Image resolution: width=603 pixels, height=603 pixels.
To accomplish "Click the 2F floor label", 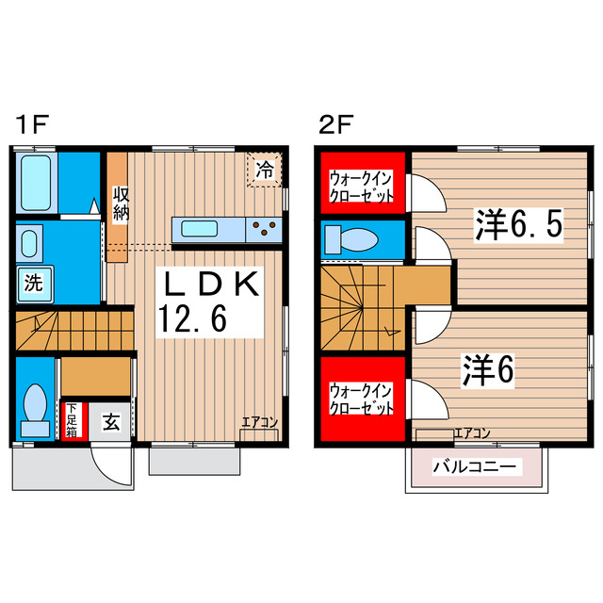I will (x=335, y=123).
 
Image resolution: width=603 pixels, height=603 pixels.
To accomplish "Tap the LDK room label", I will (x=213, y=285).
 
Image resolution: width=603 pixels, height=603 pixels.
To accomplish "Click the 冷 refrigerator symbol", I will (x=266, y=171).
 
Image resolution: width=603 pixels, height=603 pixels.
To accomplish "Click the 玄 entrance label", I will (x=111, y=421).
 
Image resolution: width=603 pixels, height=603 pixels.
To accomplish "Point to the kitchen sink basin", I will (x=201, y=228).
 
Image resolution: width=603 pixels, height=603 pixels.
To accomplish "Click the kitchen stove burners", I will (x=265, y=228).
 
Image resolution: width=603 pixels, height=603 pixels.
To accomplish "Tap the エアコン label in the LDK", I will (x=259, y=422).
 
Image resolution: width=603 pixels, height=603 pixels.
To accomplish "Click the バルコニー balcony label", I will (x=475, y=465).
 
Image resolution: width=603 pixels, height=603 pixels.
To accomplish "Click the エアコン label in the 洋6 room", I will (x=471, y=432).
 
